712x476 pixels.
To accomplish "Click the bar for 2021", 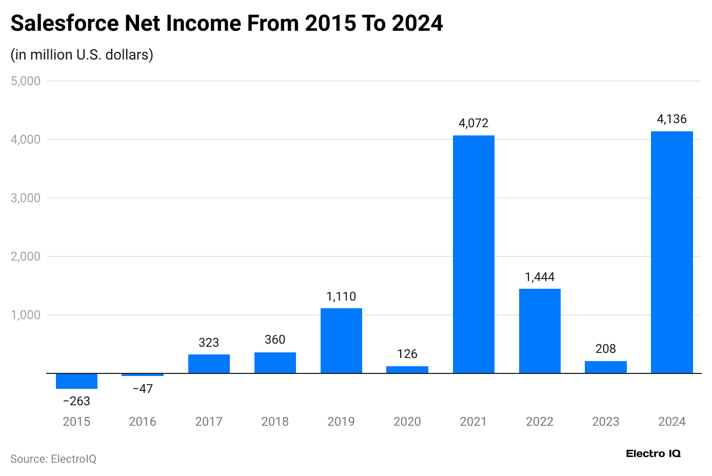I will [473, 254].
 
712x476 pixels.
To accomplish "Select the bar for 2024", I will [671, 252].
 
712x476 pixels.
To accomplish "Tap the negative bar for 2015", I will [76, 381].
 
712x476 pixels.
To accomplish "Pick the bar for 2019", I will [341, 341].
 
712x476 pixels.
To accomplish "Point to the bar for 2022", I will [540, 331].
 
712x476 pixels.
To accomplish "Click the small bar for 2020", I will [407, 370].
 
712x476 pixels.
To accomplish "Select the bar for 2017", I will [209, 364].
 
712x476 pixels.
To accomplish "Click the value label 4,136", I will [671, 120].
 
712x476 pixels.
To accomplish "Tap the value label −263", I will [76, 401].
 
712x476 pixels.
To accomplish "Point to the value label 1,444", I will [540, 277].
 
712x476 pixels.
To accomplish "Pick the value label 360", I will [275, 340].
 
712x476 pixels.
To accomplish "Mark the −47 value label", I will [143, 389].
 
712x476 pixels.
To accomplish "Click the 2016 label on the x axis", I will [143, 422].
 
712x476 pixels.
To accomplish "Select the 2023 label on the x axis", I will [606, 422].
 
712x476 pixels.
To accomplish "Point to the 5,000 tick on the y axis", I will [26, 81].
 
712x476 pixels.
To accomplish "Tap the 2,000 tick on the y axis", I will [26, 256].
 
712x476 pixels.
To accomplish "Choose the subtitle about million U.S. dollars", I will [82, 55].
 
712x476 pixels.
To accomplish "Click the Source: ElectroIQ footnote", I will [53, 459].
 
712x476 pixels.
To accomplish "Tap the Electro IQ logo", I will [653, 453].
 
